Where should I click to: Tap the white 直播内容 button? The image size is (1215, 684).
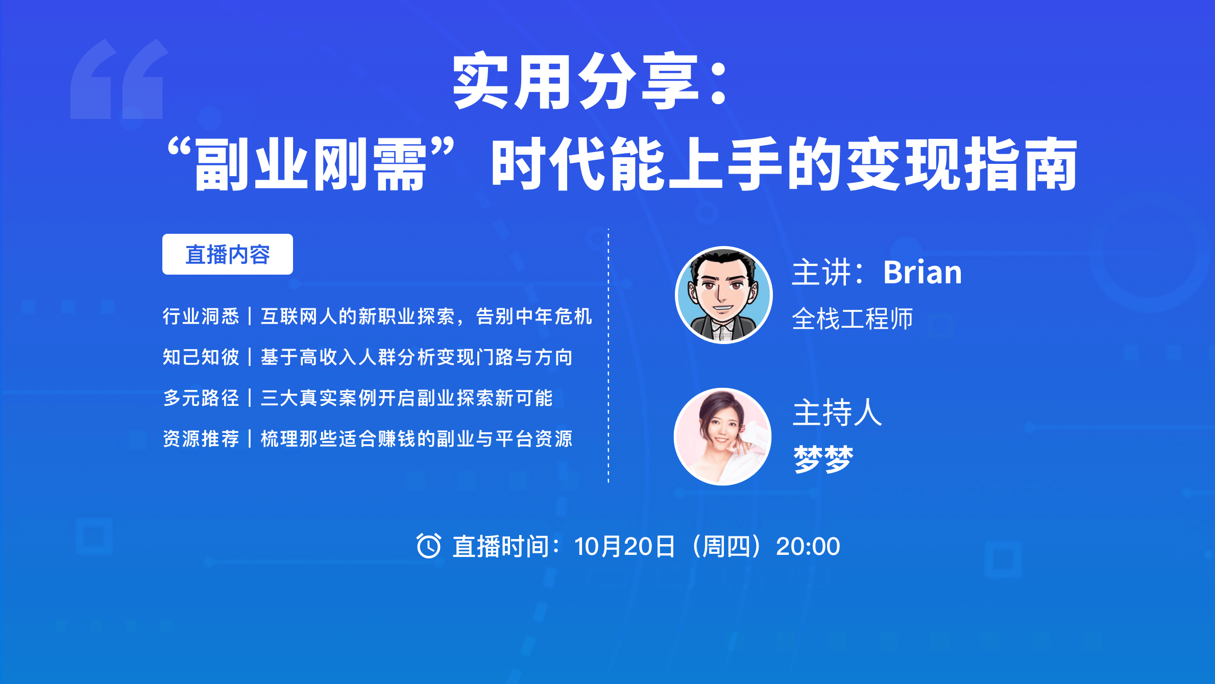tap(228, 254)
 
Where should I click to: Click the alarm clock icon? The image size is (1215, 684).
tap(428, 546)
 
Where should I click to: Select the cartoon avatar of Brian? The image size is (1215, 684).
tap(723, 295)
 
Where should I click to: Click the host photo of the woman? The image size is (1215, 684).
tap(723, 436)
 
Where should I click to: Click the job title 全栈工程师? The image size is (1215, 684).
tap(853, 319)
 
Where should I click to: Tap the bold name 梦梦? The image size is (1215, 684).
tap(823, 458)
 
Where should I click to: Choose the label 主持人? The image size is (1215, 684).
tap(837, 412)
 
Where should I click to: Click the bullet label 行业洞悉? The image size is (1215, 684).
tap(201, 316)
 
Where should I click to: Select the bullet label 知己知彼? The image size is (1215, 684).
tap(201, 357)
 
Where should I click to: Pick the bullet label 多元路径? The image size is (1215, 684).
tap(201, 398)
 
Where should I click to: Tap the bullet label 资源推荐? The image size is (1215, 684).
tap(201, 439)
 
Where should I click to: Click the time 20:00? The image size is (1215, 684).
tap(808, 547)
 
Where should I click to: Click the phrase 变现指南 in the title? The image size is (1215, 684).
tap(963, 164)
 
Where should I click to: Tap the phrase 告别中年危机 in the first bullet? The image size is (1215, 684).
tap(534, 316)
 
